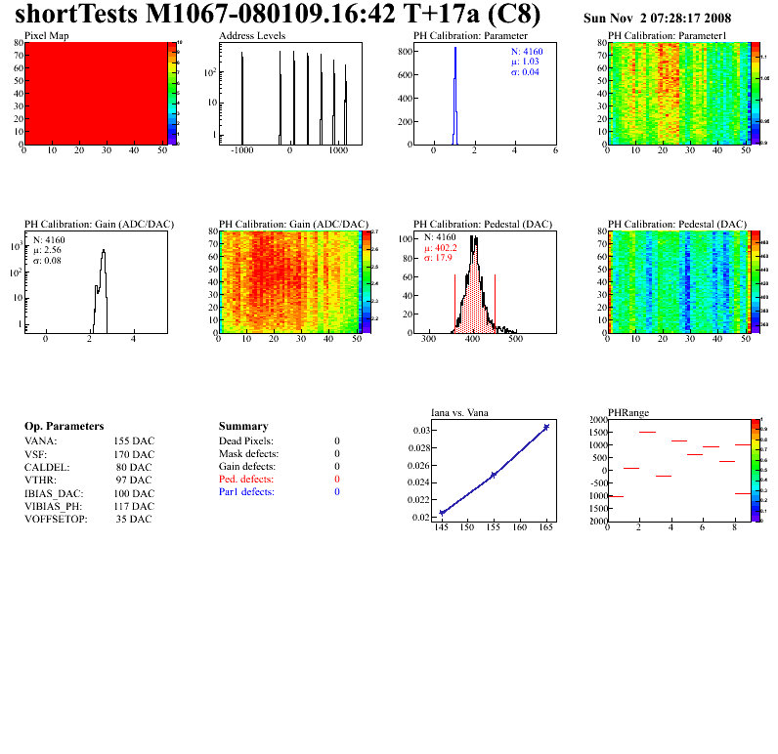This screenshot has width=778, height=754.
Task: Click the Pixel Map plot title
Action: pos(46,36)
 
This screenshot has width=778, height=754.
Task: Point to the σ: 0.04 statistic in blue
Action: pos(525,72)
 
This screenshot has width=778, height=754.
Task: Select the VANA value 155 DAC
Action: pos(134,441)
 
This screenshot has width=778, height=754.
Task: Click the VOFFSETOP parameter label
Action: pos(56,519)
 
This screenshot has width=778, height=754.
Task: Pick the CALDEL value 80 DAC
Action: pos(134,467)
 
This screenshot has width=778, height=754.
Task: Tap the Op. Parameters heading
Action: pos(64,427)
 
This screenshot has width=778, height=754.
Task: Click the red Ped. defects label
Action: pos(246,480)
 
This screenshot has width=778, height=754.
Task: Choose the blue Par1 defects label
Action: pos(246,492)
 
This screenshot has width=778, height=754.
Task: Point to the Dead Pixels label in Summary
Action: pos(246,441)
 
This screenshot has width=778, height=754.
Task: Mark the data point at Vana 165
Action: pos(546,427)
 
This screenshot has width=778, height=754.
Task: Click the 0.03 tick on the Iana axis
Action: pos(421,431)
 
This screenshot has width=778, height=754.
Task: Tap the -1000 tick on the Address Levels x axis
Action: pos(241,152)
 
